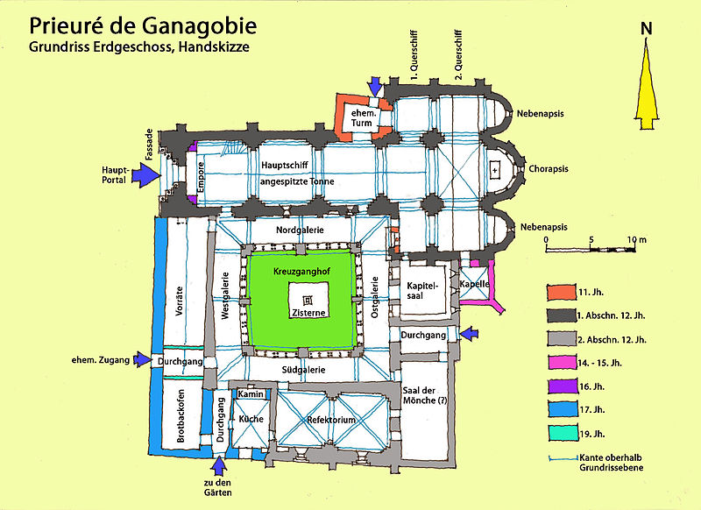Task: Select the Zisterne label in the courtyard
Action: point(301,313)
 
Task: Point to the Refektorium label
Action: point(330,420)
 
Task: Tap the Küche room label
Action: point(251,420)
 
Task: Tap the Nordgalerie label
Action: point(300,230)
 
